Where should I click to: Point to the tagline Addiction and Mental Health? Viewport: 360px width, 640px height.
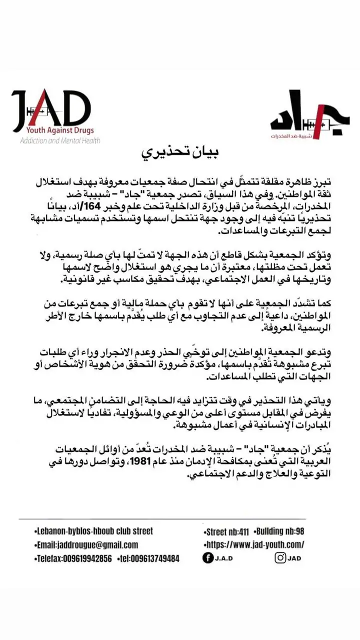coord(60,141)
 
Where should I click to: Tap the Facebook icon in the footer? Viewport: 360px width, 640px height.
coord(207,558)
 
